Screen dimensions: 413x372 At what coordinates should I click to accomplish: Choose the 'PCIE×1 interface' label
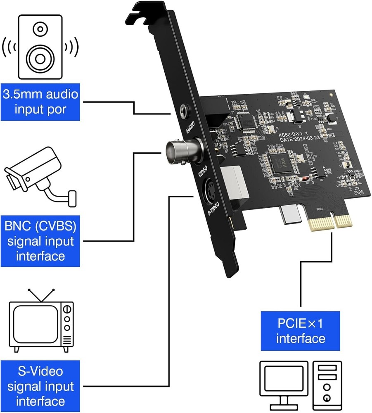tap(300, 330)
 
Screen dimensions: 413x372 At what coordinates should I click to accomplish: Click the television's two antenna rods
tap(41, 294)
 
